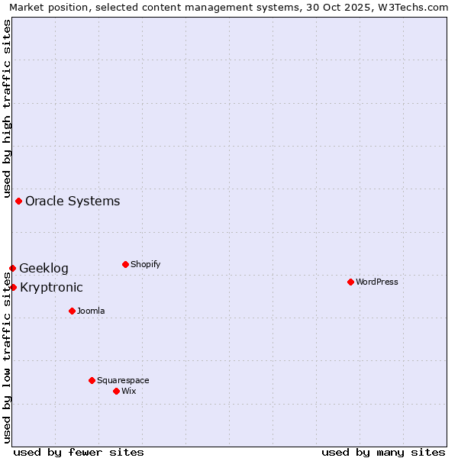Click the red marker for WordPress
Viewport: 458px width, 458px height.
pos(350,282)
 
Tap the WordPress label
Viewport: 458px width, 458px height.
pos(377,282)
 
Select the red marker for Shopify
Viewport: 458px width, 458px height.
pos(125,264)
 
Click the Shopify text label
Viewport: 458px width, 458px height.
pos(146,264)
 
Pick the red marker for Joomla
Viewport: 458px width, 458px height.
pos(72,311)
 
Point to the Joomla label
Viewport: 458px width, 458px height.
pos(91,311)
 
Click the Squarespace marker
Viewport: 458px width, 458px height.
pos(92,380)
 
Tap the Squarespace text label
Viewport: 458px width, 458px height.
pos(123,380)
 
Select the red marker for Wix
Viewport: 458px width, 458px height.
pos(116,391)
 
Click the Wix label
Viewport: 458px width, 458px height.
pos(129,391)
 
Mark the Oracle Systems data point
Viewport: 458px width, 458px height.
pos(18,201)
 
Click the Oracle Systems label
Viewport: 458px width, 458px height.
pos(73,202)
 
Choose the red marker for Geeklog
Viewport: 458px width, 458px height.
pos(12,268)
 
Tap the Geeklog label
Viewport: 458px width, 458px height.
pos(44,269)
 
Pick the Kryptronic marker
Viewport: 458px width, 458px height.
pos(13,287)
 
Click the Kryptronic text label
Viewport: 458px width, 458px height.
pos(51,288)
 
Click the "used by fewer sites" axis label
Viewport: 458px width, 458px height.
pos(79,452)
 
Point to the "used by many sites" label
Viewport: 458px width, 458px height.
pos(383,452)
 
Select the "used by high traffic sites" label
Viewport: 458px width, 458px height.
pos(7,107)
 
